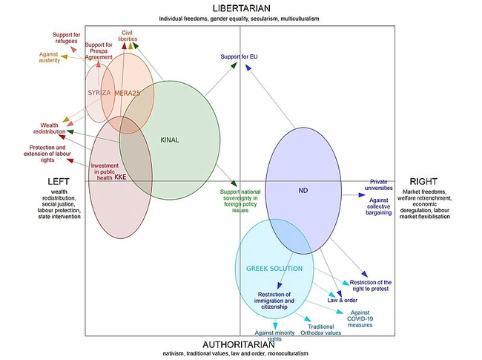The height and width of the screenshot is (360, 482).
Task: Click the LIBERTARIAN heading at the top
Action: tap(240, 8)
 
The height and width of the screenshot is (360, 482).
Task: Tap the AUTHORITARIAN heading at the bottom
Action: tap(240, 345)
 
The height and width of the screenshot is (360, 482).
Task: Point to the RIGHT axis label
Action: tap(423, 182)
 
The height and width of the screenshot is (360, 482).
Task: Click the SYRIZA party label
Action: tap(99, 93)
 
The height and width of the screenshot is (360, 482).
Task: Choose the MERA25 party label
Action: tap(127, 93)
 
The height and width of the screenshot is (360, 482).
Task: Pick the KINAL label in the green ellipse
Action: tap(171, 140)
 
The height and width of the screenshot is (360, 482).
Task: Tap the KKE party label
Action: tap(121, 177)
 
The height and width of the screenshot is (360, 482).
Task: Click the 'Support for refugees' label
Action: tap(67, 39)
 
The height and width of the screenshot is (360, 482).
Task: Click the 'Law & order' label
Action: tap(342, 300)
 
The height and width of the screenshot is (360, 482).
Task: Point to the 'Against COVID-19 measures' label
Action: tap(360, 318)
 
